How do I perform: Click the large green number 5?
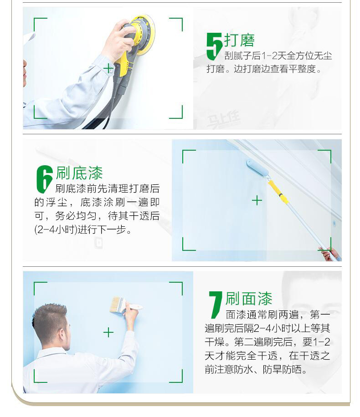[x=214, y=46]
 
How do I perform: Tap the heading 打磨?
[x=239, y=41]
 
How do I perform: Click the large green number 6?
[x=44, y=178]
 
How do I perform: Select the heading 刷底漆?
[x=79, y=173]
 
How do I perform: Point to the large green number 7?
[x=215, y=305]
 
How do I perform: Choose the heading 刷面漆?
[x=249, y=299]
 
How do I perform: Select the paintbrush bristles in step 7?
[x=116, y=304]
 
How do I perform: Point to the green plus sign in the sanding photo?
[x=108, y=69]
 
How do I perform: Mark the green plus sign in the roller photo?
[x=257, y=200]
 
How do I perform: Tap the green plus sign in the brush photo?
[x=108, y=333]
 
